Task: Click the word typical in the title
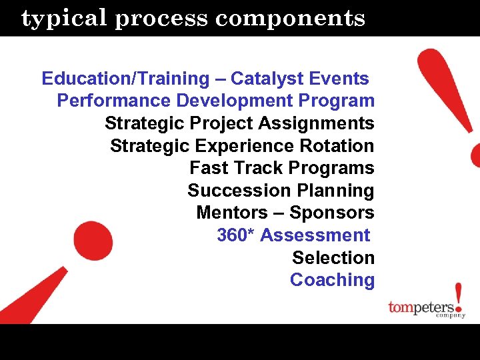tap(64, 19)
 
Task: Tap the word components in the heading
tap(290, 18)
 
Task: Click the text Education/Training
tap(125, 79)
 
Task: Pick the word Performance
tap(114, 101)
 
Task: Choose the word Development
tap(231, 101)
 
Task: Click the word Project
tap(223, 123)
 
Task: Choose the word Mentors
tap(231, 213)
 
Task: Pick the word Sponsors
tap(332, 213)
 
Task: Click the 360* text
tap(235, 235)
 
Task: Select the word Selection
tap(333, 257)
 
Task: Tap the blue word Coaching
tap(332, 279)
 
